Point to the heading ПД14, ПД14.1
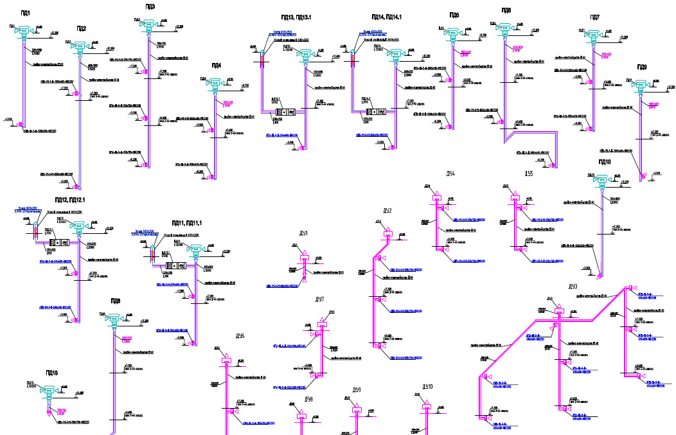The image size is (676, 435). coord(386,17)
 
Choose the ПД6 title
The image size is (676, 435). coord(506,11)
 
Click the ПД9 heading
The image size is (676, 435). coord(641,67)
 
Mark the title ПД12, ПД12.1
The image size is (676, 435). coord(66,200)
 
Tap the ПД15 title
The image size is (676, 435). coord(51,373)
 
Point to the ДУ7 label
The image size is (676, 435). coord(319,300)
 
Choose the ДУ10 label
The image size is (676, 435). coord(427,387)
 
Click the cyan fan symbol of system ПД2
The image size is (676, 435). coord(79,46)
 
